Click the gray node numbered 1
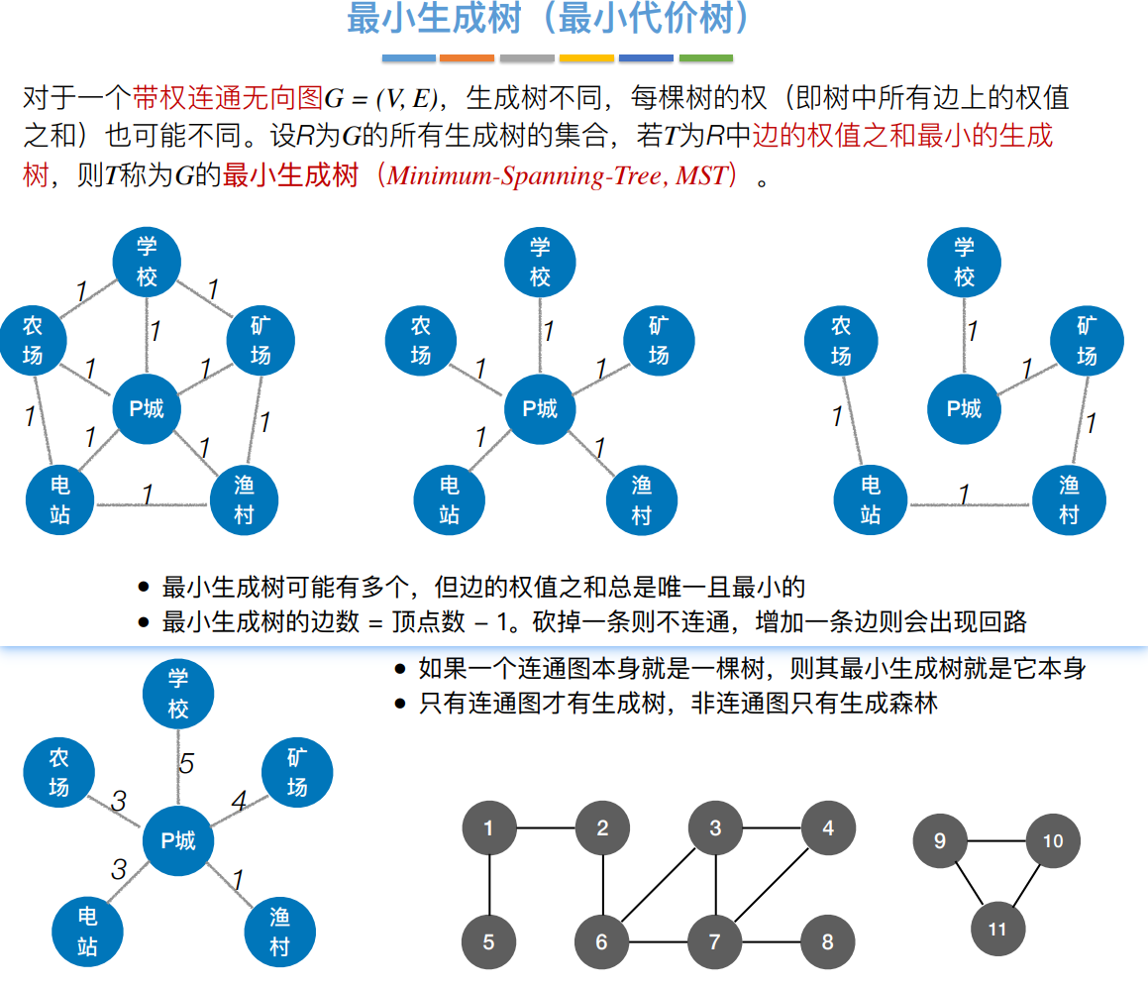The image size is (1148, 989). click(489, 828)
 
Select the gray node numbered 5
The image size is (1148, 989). click(489, 942)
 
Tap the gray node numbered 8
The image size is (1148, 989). click(828, 942)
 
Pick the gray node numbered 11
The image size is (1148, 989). click(996, 929)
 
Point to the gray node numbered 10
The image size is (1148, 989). click(1053, 841)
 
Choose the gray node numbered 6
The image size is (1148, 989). click(601, 942)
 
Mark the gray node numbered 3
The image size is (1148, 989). click(715, 828)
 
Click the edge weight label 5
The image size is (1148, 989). click(186, 764)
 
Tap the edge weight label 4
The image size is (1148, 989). click(239, 800)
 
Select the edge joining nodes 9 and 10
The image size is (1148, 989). click(995, 841)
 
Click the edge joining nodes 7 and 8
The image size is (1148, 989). click(772, 941)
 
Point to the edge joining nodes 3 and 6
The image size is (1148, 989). click(658, 886)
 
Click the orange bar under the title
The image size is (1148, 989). click(467, 58)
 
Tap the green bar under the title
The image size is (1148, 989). click(705, 58)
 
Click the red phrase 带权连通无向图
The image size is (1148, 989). click(228, 98)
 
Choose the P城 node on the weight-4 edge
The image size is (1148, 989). click(178, 841)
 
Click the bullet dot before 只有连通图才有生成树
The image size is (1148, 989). click(400, 705)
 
